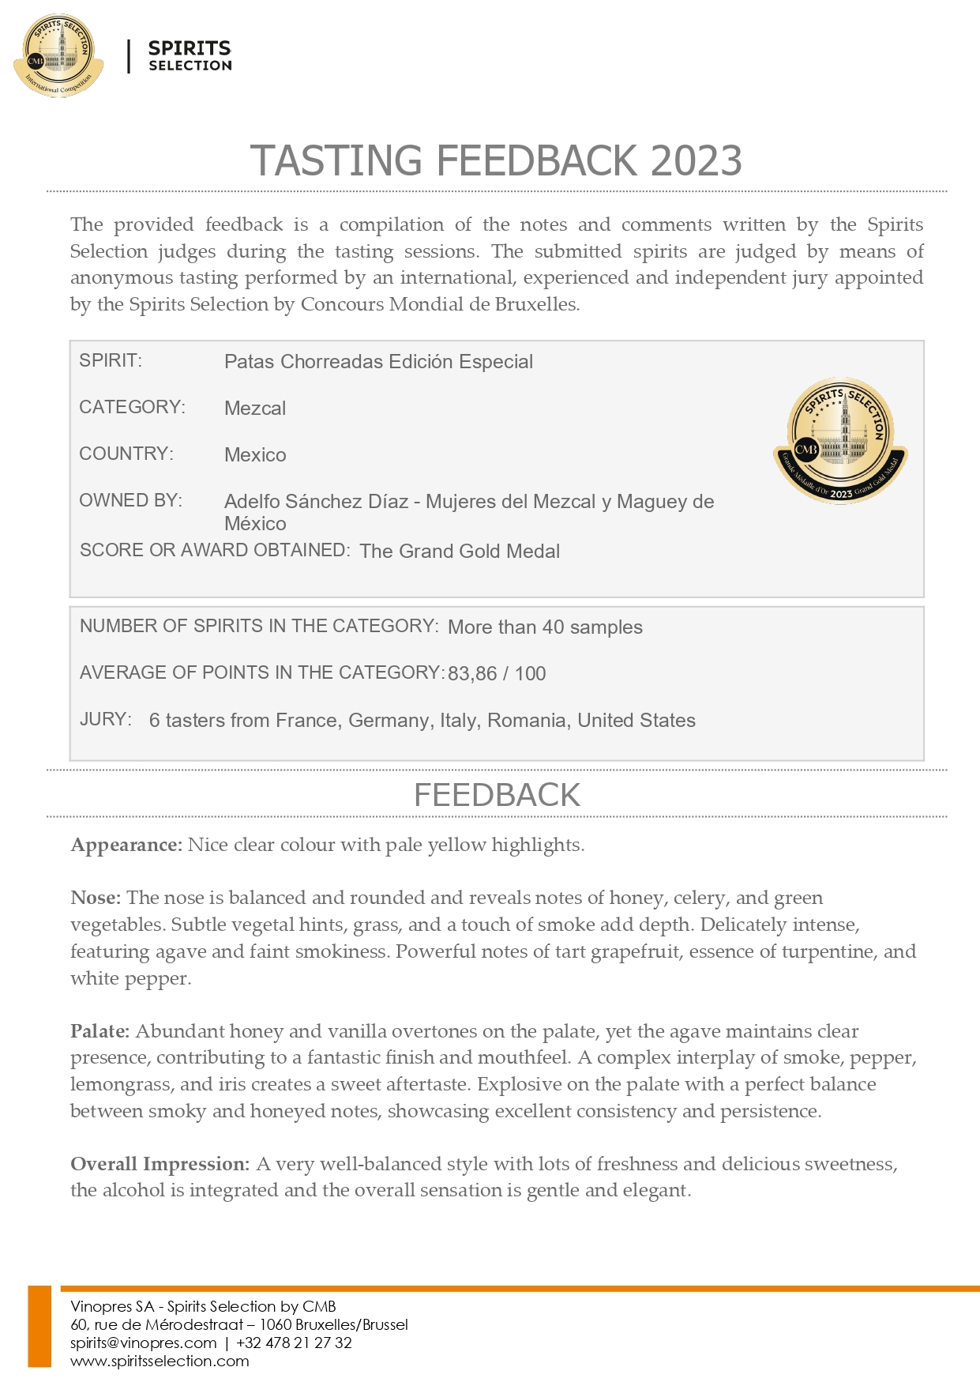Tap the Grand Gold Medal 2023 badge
(841, 440)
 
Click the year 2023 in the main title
(697, 161)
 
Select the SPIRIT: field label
(111, 361)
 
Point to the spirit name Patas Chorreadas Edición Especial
(378, 362)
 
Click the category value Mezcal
(255, 409)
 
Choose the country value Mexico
(255, 455)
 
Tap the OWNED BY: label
(130, 501)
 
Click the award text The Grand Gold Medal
(460, 552)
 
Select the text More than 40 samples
(545, 627)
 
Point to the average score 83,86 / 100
(497, 674)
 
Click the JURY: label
(105, 720)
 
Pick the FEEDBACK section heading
(497, 795)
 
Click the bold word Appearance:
(126, 846)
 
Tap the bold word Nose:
(96, 898)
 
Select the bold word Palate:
(100, 1032)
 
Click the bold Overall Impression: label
(160, 1165)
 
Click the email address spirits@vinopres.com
(143, 1343)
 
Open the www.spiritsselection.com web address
(160, 1362)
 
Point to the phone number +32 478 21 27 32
(294, 1343)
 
